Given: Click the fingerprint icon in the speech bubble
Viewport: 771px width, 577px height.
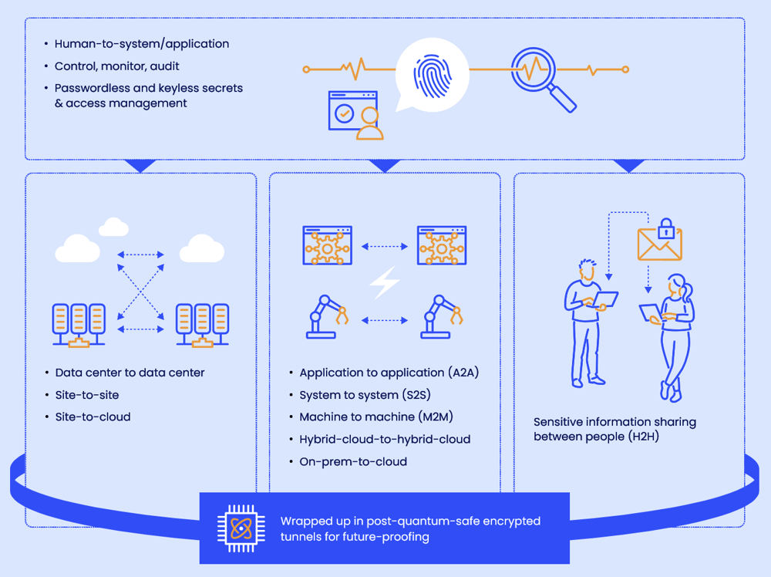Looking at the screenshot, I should click(433, 76).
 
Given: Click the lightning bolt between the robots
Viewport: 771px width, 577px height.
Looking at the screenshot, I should click(384, 282).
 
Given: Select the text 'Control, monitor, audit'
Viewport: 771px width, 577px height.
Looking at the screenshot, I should click(116, 66).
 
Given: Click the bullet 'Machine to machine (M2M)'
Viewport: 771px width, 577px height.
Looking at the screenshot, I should click(375, 417).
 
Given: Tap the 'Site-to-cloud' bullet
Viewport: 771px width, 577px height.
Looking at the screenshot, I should click(93, 417).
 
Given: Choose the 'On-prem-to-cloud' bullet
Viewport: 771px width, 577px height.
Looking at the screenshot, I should click(353, 462).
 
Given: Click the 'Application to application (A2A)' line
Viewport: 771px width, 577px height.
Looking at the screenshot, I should click(389, 373).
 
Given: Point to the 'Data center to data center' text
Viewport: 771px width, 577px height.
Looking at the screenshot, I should click(130, 373).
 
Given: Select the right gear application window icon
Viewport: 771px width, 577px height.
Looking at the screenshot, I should click(442, 245).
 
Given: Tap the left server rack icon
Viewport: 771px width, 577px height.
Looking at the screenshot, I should click(78, 324).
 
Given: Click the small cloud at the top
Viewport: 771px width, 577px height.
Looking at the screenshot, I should click(114, 226).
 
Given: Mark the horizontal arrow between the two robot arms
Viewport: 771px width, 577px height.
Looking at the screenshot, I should click(384, 320).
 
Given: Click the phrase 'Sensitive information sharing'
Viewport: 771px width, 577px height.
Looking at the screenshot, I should click(614, 422).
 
